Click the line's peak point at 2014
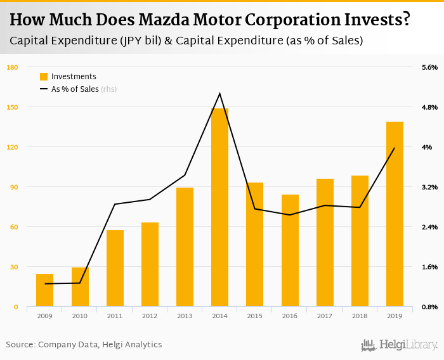pos(219,94)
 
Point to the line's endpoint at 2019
pos(395,148)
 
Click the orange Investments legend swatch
pos(44,77)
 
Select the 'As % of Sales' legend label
pos(75,89)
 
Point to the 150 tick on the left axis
pos(13,107)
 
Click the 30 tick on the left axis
pos(14,267)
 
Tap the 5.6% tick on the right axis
pos(430,67)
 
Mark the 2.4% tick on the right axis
pos(430,227)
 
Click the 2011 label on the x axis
pos(115,316)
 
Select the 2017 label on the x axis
pos(325,316)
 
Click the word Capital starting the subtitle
pos(29,41)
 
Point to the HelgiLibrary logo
pos(400,345)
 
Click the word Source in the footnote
pos(20,345)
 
